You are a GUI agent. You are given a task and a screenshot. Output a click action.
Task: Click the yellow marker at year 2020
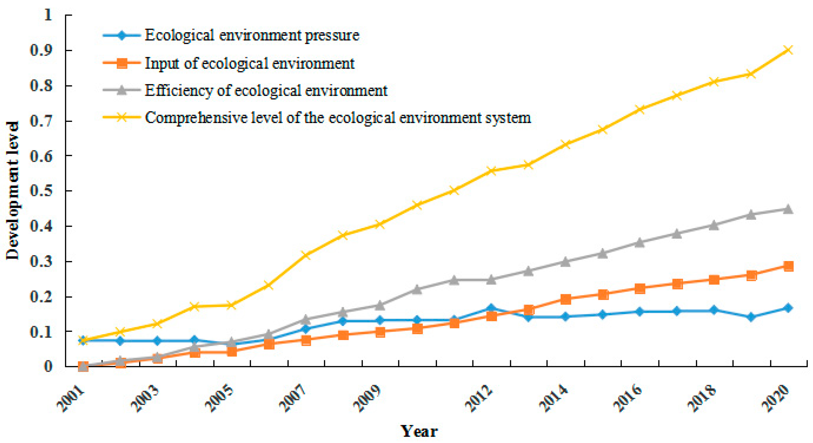[788, 50]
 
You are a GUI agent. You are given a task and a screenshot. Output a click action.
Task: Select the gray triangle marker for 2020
[788, 209]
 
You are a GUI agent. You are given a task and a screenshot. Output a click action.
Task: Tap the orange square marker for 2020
[788, 266]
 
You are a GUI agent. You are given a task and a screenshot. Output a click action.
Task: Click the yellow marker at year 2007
[306, 255]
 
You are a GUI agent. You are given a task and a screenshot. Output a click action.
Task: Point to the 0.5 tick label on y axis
[41, 191]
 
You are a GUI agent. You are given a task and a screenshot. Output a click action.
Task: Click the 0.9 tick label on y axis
[41, 50]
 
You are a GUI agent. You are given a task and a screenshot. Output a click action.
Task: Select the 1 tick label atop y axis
[48, 15]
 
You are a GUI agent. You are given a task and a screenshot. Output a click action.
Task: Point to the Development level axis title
[13, 191]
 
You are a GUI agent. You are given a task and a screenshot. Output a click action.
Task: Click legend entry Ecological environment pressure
[252, 35]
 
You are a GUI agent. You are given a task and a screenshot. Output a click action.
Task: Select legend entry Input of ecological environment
[249, 63]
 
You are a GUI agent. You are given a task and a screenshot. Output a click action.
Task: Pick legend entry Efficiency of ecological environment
[266, 91]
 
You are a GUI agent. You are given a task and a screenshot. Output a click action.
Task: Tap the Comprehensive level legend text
[338, 118]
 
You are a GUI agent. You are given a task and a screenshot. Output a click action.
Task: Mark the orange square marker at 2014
[566, 299]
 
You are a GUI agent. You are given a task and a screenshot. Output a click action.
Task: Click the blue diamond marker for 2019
[751, 317]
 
